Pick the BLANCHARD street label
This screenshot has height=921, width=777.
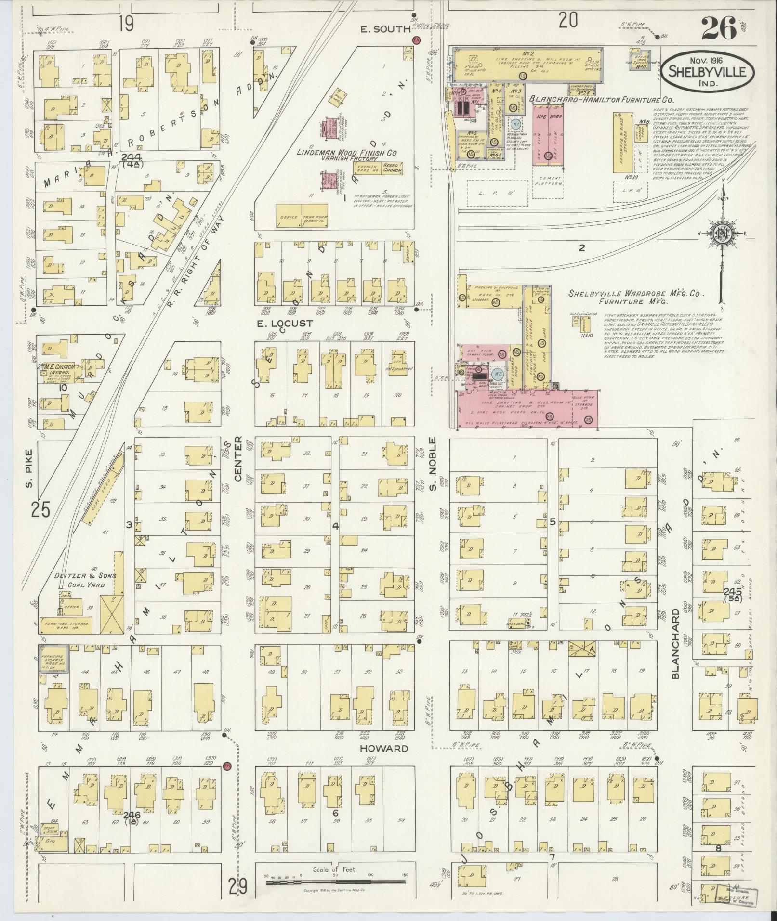point(675,644)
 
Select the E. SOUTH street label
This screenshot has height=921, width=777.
point(385,29)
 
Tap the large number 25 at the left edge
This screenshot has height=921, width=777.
point(40,509)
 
